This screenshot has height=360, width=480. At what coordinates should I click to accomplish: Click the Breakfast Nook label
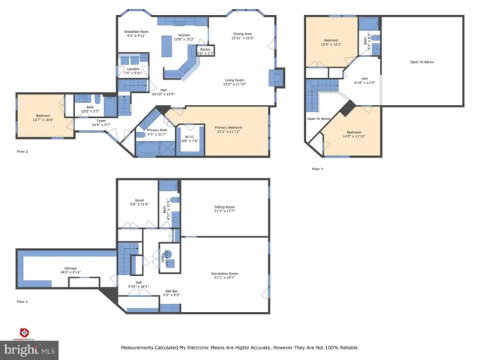click(136, 32)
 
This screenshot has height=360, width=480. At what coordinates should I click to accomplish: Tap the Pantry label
click(205, 50)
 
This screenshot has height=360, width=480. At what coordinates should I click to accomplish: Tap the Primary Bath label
click(157, 132)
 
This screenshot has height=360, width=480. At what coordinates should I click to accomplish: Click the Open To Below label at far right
click(423, 62)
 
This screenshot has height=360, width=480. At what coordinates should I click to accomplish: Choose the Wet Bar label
click(171, 292)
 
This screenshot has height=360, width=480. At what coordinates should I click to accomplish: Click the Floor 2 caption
click(22, 151)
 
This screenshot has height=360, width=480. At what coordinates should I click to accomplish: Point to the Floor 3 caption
click(317, 169)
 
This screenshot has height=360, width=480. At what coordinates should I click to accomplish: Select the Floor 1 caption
click(22, 301)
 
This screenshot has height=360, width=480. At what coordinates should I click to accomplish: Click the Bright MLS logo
click(29, 346)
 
